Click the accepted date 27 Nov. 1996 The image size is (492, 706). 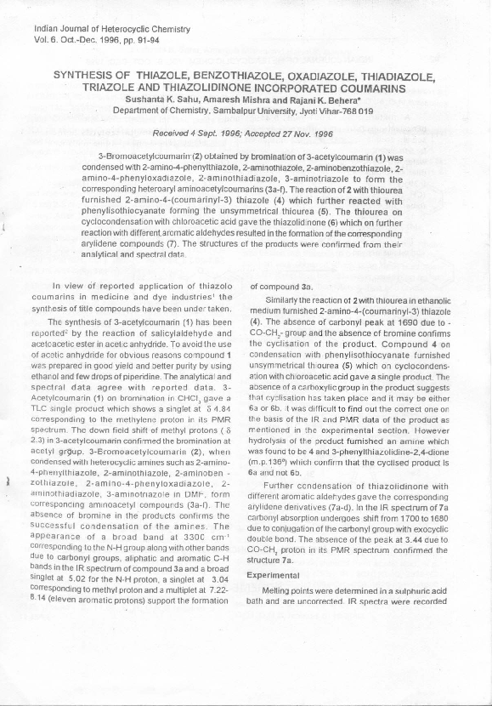[x=303, y=134]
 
